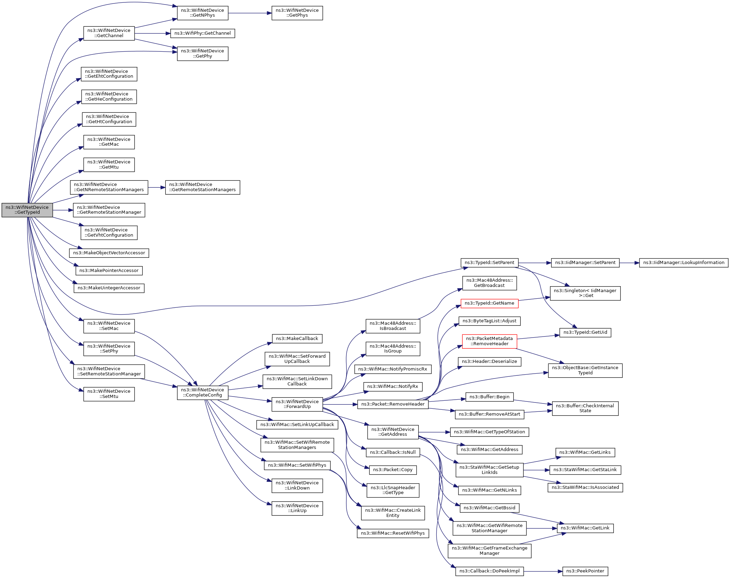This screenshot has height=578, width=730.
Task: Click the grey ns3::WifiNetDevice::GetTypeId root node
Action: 27,210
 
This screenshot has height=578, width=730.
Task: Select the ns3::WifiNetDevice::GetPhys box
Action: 297,13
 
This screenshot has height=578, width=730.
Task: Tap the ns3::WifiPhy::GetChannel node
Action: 203,33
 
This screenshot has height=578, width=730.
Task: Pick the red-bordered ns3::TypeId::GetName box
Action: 489,303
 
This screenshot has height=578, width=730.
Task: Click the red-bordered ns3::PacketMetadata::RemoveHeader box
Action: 489,341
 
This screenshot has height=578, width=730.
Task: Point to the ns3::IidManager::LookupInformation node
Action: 684,263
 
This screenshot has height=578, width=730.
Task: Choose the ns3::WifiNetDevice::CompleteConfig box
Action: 203,392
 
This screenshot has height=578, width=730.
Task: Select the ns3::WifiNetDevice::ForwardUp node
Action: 297,404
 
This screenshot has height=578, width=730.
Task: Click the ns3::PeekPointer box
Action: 585,571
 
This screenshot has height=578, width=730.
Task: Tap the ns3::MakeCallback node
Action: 297,339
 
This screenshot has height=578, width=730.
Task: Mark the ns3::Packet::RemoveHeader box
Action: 393,404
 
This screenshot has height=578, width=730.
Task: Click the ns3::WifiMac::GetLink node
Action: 585,528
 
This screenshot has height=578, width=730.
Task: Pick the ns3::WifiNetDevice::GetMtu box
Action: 109,164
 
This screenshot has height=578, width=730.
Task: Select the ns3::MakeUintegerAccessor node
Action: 109,288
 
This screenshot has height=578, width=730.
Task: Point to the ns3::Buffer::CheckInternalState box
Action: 585,408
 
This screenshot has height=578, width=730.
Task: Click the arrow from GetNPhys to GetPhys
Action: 250,13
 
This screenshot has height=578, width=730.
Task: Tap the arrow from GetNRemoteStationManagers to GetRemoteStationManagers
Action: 156,187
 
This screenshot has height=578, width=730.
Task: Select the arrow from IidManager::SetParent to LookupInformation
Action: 629,263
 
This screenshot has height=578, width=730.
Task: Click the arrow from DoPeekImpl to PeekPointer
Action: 543,571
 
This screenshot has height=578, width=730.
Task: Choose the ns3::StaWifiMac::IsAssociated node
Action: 585,487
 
